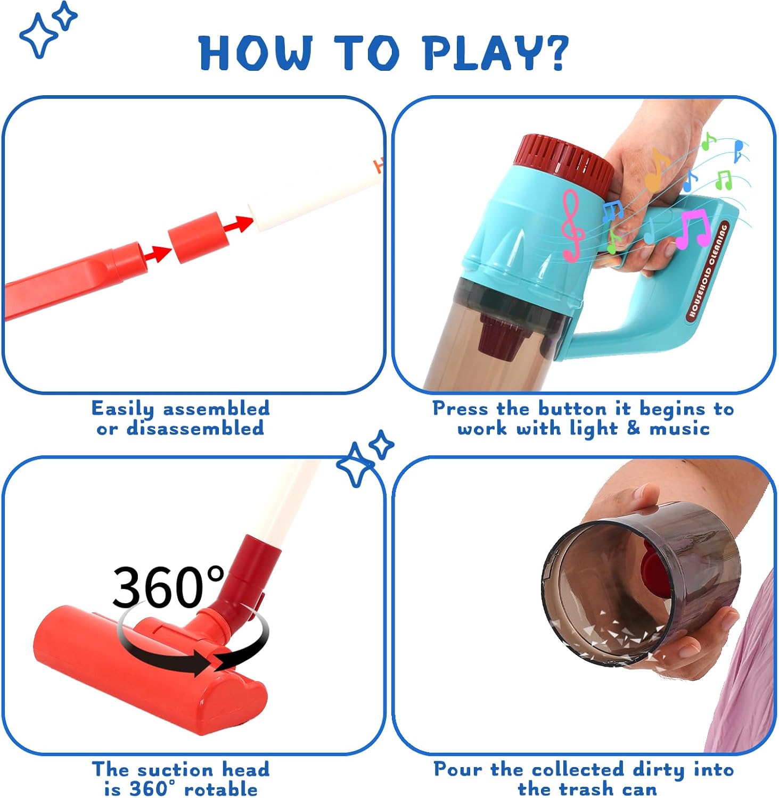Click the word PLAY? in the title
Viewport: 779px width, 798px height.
pos(496,52)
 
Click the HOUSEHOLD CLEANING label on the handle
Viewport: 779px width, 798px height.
pos(708,271)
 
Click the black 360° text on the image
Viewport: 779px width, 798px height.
pos(168,587)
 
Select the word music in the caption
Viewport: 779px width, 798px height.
pos(679,428)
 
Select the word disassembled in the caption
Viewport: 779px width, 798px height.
pos(195,428)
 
